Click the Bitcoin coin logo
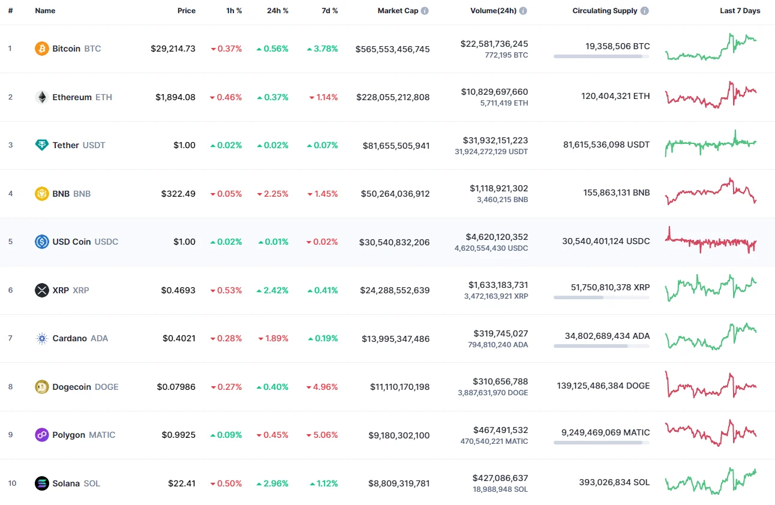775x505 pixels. pos(42,49)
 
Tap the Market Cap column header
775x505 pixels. pos(398,11)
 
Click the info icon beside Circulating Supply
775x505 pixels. pos(644,11)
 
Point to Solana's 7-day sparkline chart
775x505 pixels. pos(711,482)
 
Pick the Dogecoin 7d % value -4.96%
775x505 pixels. pos(323,387)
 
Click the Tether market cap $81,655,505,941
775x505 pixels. pos(396,145)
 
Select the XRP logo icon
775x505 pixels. pos(42,290)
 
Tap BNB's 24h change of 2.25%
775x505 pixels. pos(273,194)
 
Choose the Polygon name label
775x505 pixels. pos(68,435)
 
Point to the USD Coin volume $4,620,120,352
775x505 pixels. pos(495,237)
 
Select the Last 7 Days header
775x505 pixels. pos(740,11)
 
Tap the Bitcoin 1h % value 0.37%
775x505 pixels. pos(226,49)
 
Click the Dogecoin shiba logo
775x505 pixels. pos(42,387)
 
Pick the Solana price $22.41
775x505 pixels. pos(182,483)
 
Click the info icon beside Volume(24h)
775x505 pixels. pos(523,11)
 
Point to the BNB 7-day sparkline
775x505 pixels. pos(711,191)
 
